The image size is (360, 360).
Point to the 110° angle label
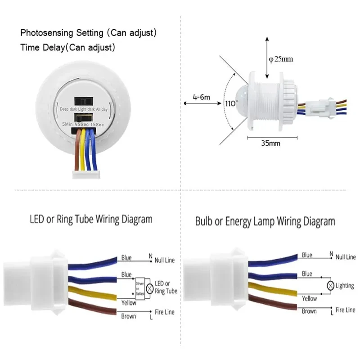231,103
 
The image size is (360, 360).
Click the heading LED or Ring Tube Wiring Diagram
91,220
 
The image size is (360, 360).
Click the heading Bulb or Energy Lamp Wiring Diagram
265,221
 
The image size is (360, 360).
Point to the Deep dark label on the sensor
70,109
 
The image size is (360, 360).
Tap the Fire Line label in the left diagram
164,312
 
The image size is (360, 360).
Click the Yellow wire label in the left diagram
129,303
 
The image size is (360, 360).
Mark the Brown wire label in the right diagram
309,311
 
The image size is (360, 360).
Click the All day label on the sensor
106,109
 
